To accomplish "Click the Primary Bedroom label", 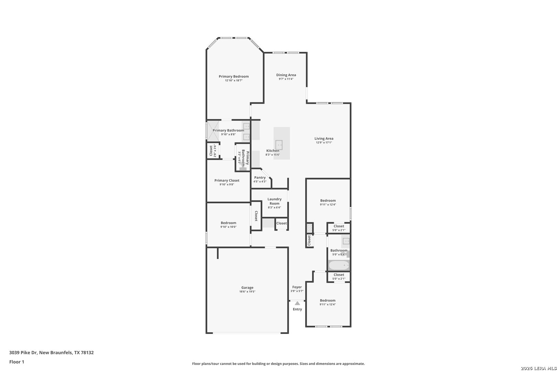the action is click(233, 77).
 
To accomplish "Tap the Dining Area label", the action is click(286, 75).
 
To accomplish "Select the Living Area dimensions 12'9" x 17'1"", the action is click(324, 143).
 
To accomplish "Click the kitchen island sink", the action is click(279, 145).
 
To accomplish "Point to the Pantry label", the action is click(260, 178).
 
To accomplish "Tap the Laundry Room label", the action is click(274, 201).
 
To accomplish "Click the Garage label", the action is click(247, 288).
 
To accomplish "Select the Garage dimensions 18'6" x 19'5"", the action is click(247, 292).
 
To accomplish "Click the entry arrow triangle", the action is click(297, 303).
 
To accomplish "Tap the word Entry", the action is click(297, 310).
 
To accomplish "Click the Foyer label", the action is click(297, 287).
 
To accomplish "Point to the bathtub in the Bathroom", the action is click(339, 266).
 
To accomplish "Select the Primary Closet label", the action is click(227, 181).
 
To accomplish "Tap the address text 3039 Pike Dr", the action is click(23, 352).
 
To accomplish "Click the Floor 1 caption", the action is click(17, 362).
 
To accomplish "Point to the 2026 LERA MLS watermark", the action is click(538, 368).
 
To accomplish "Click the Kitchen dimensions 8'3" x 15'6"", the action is click(273, 155).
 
